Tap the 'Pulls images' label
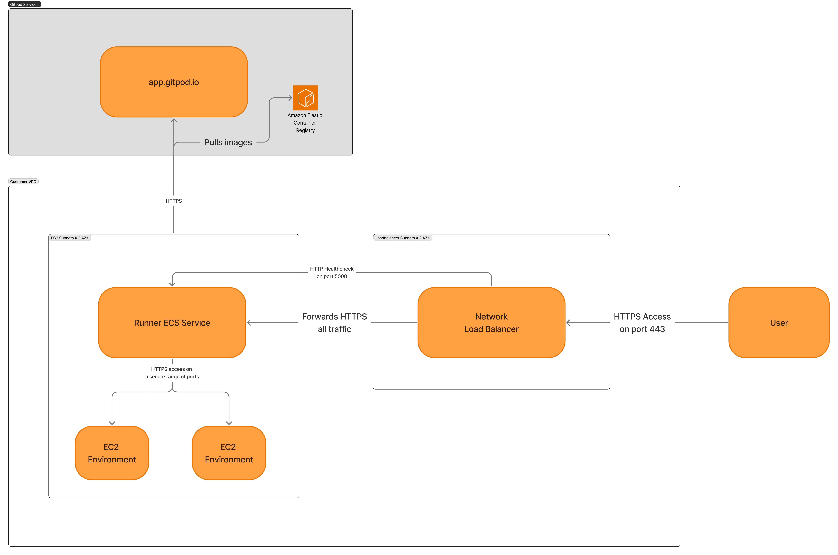(x=228, y=142)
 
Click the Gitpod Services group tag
(x=24, y=4)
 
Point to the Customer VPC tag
(x=23, y=182)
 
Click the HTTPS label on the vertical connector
(x=174, y=201)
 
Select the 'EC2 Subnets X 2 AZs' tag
(x=70, y=238)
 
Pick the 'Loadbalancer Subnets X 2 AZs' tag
(x=402, y=238)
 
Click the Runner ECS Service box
(x=172, y=322)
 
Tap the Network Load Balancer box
(x=491, y=322)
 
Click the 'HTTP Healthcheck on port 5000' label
(x=332, y=273)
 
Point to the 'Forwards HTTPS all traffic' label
(x=334, y=322)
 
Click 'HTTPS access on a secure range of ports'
(x=172, y=373)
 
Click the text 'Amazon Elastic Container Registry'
(x=305, y=123)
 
